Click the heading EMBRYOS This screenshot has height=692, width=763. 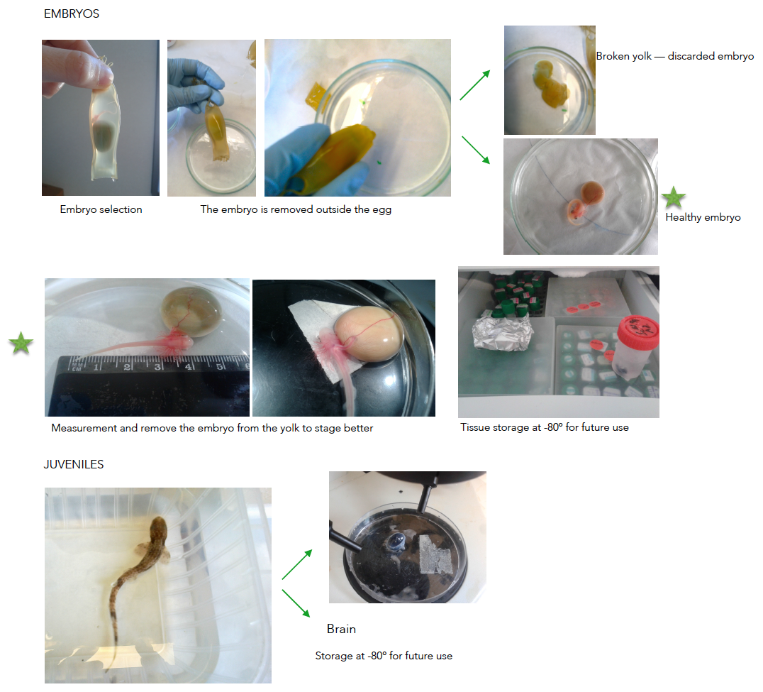click(72, 13)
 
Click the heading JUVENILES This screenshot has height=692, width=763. click(74, 464)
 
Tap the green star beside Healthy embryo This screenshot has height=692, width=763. click(674, 197)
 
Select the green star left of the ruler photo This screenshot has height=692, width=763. click(21, 343)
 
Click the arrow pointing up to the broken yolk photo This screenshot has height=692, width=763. click(475, 85)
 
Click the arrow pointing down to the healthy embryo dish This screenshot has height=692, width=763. click(476, 150)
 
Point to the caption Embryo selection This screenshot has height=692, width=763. click(101, 209)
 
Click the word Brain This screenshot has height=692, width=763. click(341, 629)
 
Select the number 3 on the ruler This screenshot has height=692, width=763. click(157, 366)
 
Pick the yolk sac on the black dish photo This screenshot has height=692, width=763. click(369, 334)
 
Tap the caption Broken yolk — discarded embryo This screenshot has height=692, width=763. click(675, 57)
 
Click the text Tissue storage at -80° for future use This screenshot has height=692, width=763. click(545, 427)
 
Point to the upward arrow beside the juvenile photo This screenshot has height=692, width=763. click(297, 564)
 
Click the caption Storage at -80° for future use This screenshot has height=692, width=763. click(384, 656)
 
